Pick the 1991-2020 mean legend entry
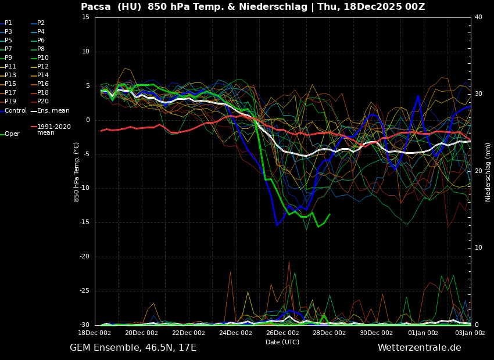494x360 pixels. tap(54, 129)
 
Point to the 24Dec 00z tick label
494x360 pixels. tap(235, 333)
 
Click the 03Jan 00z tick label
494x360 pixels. tap(470, 333)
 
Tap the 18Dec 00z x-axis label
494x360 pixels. tap(95, 333)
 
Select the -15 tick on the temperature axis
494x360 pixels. tap(85, 222)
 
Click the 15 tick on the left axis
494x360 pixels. tap(86, 17)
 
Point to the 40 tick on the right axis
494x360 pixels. tap(478, 17)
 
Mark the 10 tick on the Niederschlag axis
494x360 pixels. tap(478, 248)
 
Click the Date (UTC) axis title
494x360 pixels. tap(282, 342)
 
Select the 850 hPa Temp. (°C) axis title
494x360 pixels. tap(77, 171)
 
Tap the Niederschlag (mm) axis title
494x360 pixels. tap(488, 171)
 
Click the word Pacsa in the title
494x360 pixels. tap(95, 7)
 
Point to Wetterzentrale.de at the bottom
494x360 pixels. tap(419, 348)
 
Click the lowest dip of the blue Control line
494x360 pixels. tap(277, 225)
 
